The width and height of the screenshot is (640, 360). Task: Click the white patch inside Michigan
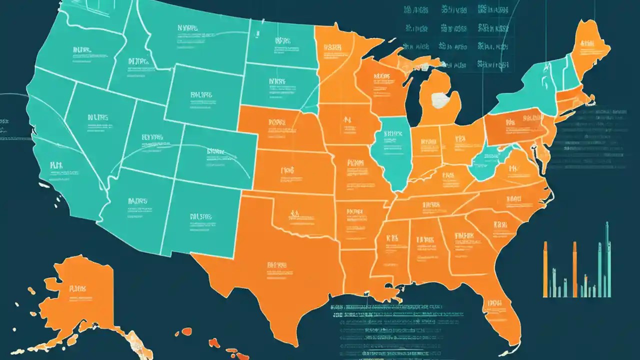439,100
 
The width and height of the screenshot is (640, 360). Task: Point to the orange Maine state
590,47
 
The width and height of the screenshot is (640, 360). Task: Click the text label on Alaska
78,288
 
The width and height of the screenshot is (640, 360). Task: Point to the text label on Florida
495,303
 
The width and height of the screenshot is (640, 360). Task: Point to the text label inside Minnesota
332,47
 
